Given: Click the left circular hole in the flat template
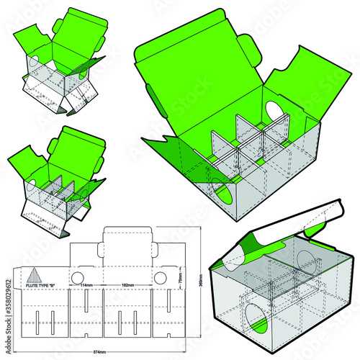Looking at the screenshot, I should coord(77,277).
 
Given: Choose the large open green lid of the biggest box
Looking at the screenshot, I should coord(202,79).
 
